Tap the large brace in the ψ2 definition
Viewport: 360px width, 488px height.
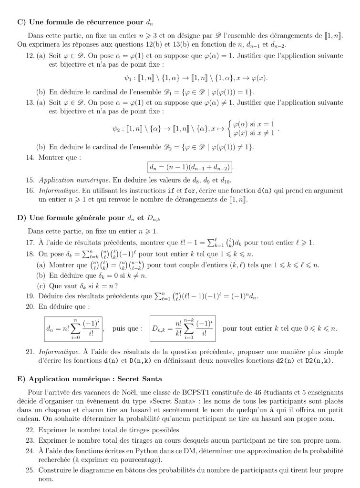[228, 129]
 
